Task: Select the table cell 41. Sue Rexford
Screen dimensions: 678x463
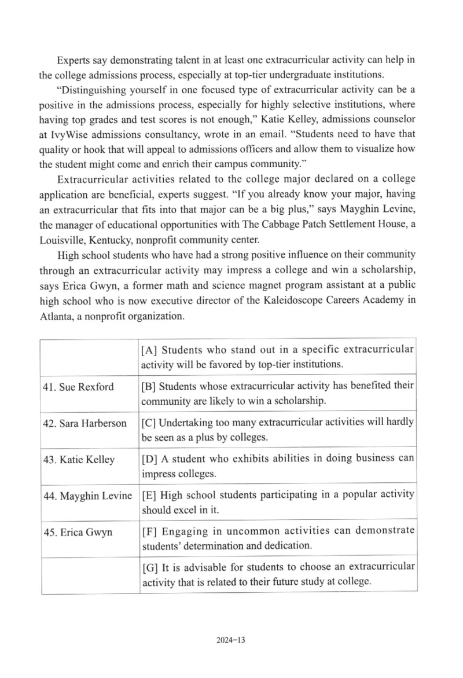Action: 78,387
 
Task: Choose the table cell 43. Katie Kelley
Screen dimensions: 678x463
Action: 79,460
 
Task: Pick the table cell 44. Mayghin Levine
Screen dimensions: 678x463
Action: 88,496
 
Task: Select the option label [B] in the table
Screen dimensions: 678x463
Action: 149,386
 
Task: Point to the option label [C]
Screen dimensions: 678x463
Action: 149,422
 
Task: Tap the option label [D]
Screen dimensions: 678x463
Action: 149,459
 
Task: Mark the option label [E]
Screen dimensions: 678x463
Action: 149,495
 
